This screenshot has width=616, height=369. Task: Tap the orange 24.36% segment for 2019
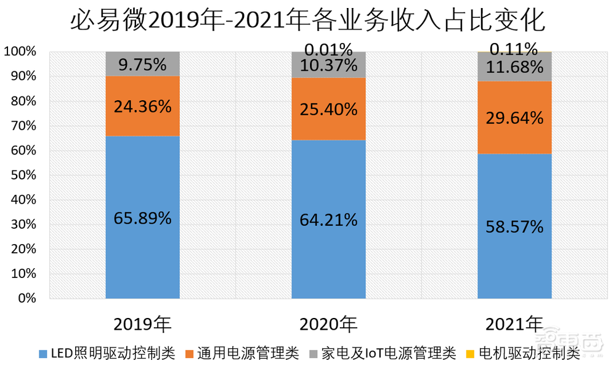(x=142, y=106)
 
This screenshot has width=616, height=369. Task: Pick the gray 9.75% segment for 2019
(x=142, y=64)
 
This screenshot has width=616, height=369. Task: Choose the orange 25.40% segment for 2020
(x=328, y=109)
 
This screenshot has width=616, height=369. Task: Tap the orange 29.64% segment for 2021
(x=514, y=117)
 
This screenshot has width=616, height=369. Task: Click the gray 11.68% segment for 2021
(x=514, y=66)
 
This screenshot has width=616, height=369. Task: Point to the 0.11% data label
(x=514, y=48)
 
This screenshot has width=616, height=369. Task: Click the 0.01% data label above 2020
(x=328, y=48)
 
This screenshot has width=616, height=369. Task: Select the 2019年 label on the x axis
(x=142, y=323)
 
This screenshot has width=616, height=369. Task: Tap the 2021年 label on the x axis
(x=514, y=323)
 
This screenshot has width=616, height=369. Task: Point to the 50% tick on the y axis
(x=23, y=175)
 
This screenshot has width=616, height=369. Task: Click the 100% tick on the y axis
(x=20, y=52)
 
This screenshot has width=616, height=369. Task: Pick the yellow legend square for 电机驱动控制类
(x=470, y=354)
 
